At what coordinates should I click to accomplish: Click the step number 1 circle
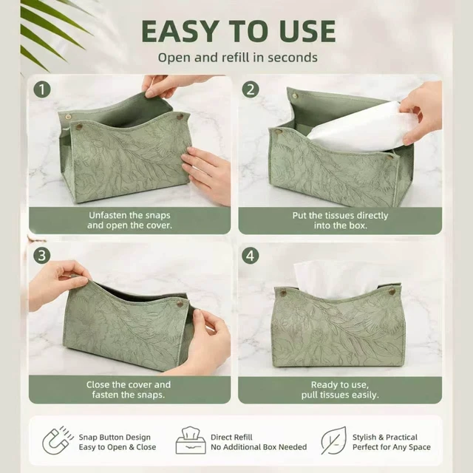pyautogui.click(x=42, y=89)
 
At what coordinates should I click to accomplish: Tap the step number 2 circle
pyautogui.click(x=251, y=89)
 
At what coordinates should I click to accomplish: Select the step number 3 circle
pyautogui.click(x=42, y=256)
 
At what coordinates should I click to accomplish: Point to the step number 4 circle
pyautogui.click(x=251, y=256)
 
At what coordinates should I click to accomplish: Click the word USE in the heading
pyautogui.click(x=307, y=31)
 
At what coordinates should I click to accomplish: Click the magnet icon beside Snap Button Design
pyautogui.click(x=58, y=440)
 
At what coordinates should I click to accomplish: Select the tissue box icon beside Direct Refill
pyautogui.click(x=191, y=440)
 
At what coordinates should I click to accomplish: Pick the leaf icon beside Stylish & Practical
pyautogui.click(x=333, y=440)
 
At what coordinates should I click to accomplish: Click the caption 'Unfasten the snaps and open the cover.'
pyautogui.click(x=130, y=220)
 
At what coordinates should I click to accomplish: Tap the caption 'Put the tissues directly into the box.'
pyautogui.click(x=340, y=220)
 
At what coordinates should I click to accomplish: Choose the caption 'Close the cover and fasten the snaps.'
pyautogui.click(x=129, y=389)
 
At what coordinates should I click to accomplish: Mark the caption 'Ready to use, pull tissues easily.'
pyautogui.click(x=340, y=389)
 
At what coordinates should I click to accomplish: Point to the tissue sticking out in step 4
pyautogui.click(x=335, y=279)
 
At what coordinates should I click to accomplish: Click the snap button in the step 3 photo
pyautogui.click(x=180, y=304)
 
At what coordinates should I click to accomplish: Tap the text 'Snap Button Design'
pyautogui.click(x=115, y=437)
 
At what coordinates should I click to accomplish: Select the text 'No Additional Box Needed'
pyautogui.click(x=259, y=447)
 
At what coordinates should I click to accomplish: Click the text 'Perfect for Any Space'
pyautogui.click(x=392, y=447)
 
